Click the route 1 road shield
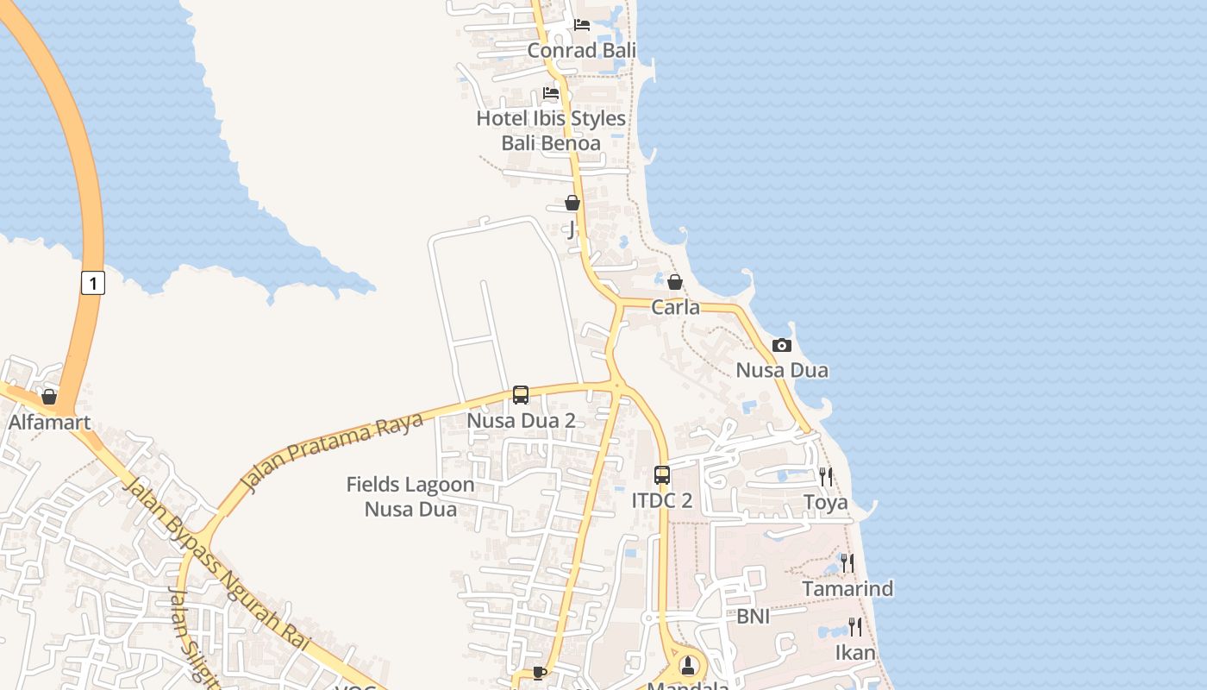tap(93, 282)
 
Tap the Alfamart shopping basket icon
tap(49, 397)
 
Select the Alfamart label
tap(49, 423)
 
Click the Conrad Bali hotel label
tap(582, 50)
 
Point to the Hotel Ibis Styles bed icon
tap(551, 93)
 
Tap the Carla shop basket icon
tap(675, 282)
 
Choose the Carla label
tap(675, 307)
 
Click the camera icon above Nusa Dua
tap(782, 345)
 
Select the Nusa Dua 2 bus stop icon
tap(521, 395)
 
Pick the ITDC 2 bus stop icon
tap(662, 475)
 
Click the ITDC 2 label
tap(662, 501)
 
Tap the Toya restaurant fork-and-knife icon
tap(826, 476)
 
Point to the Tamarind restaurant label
tap(847, 589)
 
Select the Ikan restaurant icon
tap(855, 626)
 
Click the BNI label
tap(753, 617)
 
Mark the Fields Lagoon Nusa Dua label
tap(410, 497)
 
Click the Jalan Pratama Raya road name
tap(333, 452)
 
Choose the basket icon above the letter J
tap(572, 204)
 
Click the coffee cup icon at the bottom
tap(540, 672)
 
